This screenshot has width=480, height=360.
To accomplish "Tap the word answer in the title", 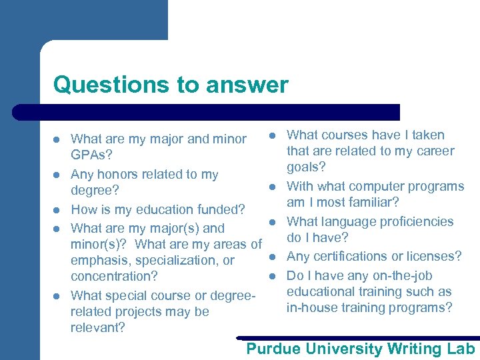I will pyautogui.click(x=247, y=85).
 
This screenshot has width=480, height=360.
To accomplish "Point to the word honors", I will pyautogui.click(x=117, y=175).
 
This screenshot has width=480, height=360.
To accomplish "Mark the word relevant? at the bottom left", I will pyautogui.click(x=98, y=327).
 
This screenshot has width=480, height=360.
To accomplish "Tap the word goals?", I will pyautogui.click(x=307, y=167).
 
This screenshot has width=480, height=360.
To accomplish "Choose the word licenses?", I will pyautogui.click(x=435, y=257).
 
